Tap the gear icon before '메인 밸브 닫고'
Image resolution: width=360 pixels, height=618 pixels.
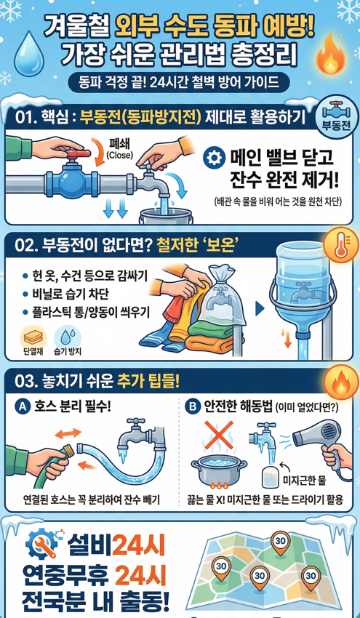click(214, 157)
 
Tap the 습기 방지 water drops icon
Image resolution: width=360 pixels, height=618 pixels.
click(68, 337)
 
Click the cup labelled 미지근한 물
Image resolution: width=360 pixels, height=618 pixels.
click(271, 478)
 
